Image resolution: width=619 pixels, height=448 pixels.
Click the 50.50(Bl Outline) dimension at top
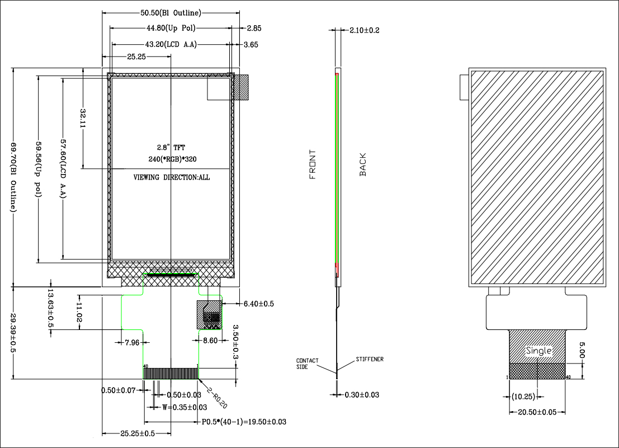click(x=171, y=12)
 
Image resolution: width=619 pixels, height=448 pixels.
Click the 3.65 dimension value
click(x=250, y=45)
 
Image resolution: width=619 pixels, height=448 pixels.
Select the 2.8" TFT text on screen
click(x=171, y=148)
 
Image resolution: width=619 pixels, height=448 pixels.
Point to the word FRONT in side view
click(x=313, y=164)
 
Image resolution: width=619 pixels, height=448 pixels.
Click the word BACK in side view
click(x=363, y=164)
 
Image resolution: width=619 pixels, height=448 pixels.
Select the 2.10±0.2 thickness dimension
click(x=364, y=30)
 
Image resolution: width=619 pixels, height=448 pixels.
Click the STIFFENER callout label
click(x=370, y=359)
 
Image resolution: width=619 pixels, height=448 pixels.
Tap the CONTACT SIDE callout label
click(x=307, y=364)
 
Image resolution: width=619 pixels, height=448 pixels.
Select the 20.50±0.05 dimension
click(x=537, y=412)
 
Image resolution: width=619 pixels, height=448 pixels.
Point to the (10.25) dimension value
click(x=523, y=397)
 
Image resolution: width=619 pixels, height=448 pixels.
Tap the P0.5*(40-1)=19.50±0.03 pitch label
click(x=244, y=422)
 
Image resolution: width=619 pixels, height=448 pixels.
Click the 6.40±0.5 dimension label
click(x=258, y=304)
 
